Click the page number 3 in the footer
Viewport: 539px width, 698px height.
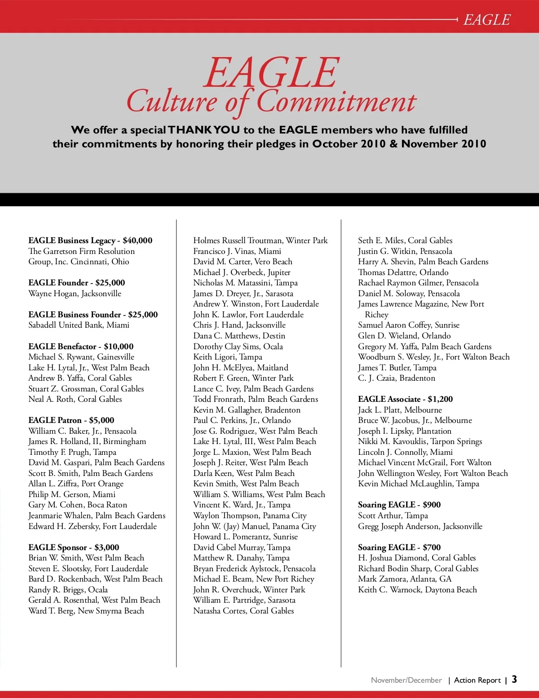[x=514, y=679]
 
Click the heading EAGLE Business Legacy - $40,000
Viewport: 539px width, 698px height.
[x=90, y=240]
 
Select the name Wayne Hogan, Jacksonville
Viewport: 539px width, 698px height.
[x=75, y=293]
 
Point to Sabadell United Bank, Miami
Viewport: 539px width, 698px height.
[x=79, y=325]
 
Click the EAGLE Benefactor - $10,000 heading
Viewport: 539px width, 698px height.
[x=81, y=347]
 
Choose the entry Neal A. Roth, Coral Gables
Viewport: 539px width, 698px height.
[x=75, y=399]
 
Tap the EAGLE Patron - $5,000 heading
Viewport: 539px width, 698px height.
[x=71, y=420]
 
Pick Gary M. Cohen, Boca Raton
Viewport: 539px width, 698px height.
[x=78, y=505]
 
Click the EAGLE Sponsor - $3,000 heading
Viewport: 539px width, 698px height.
[x=74, y=547]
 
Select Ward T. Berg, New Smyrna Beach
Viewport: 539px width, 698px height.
[x=86, y=611]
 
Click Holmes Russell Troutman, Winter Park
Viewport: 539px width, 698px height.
[x=261, y=240]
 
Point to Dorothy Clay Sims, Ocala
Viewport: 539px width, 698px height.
[x=238, y=347]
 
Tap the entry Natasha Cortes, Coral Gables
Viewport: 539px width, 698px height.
[x=243, y=611]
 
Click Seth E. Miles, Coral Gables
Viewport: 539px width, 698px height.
[x=405, y=240]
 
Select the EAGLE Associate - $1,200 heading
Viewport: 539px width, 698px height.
[x=405, y=399]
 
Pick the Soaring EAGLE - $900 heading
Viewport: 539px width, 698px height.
[x=399, y=505]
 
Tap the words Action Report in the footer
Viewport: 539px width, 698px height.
[x=477, y=680]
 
